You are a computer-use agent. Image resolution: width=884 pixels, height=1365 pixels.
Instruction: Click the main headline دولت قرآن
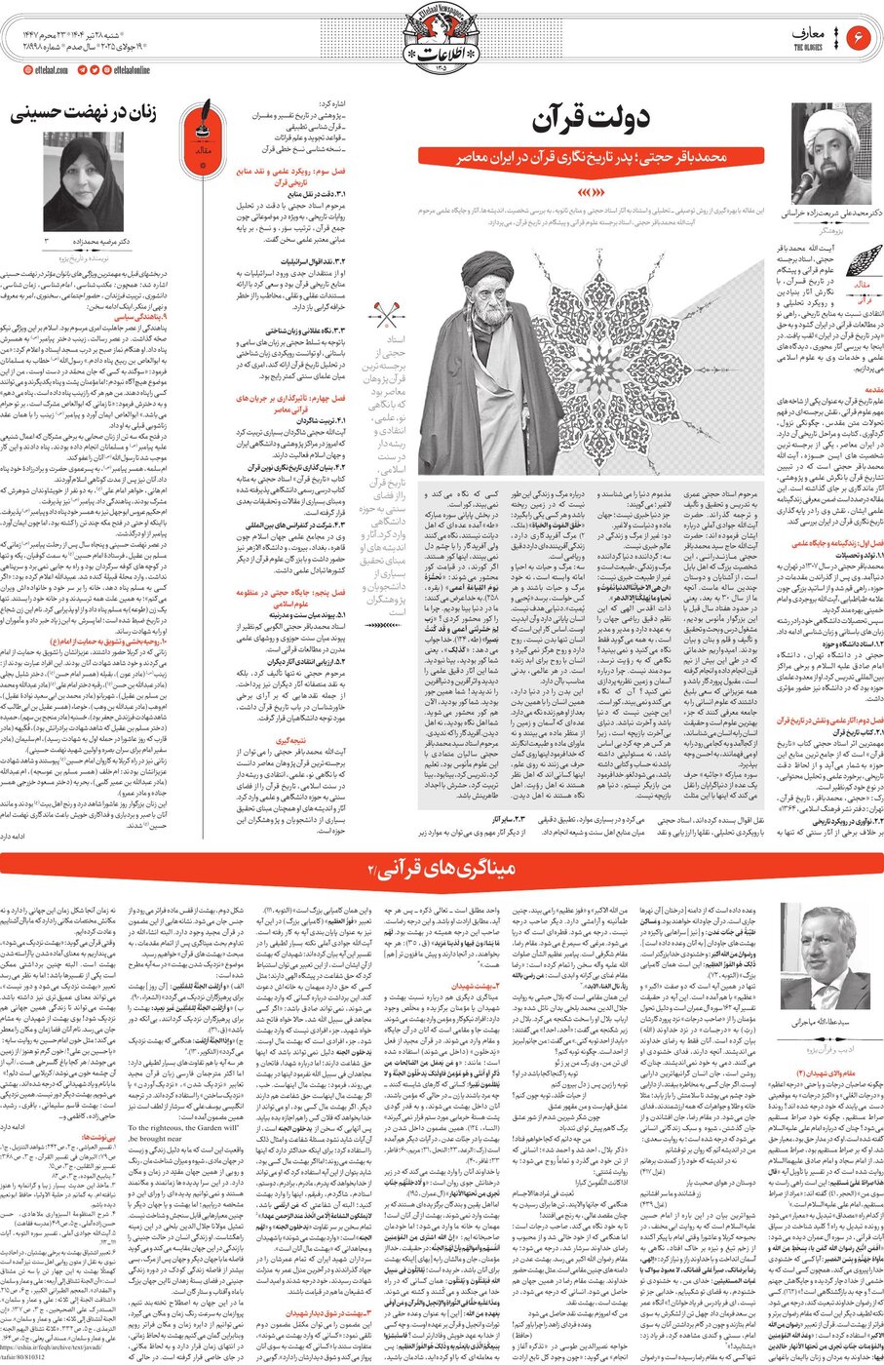point(592,121)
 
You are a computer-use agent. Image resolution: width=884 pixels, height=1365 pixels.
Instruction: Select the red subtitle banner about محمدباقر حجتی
point(590,156)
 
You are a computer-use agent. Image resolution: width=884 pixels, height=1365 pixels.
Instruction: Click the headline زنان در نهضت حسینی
point(83,114)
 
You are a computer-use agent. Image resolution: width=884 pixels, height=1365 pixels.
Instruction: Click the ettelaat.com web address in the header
point(45,70)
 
